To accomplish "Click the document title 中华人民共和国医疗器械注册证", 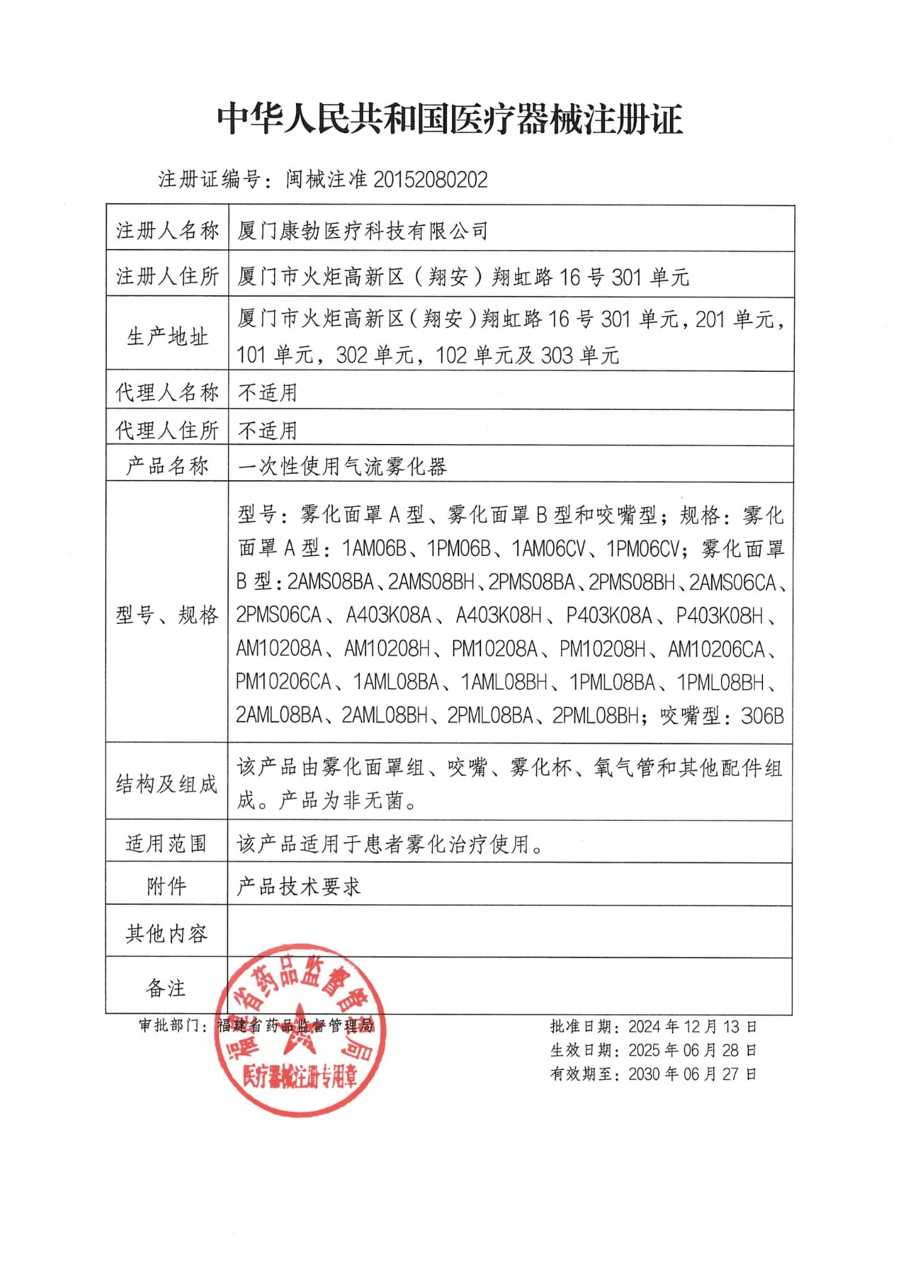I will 450,119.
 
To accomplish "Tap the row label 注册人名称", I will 167,230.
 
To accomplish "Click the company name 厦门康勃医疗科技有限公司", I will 363,231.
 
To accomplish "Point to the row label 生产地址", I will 167,336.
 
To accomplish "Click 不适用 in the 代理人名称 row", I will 267,392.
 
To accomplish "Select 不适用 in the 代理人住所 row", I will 267,430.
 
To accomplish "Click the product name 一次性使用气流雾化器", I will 342,466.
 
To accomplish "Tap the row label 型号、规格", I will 167,615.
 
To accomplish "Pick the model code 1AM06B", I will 374,549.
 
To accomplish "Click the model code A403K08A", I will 389,615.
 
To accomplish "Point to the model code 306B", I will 762,716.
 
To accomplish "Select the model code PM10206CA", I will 283,682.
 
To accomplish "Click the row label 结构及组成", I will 167,784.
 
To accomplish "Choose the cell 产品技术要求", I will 298,886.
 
